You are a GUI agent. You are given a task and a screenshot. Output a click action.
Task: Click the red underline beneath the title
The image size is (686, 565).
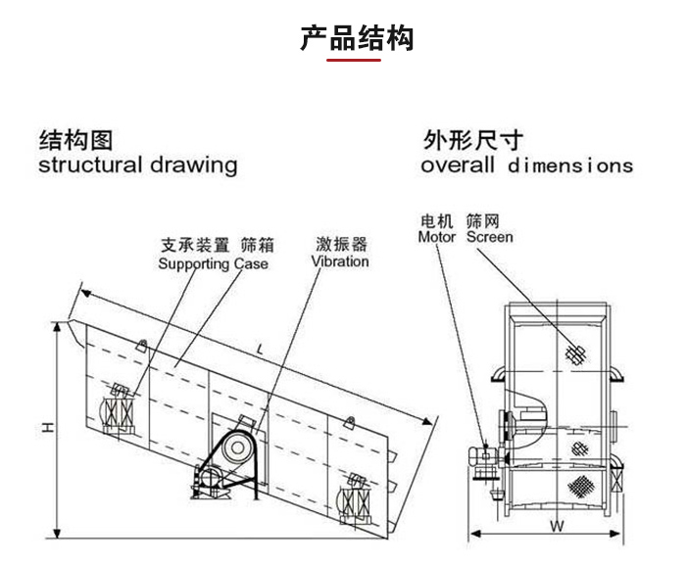pyautogui.click(x=354, y=60)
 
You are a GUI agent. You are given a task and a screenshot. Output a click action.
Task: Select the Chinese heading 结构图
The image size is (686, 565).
pyautogui.click(x=75, y=138)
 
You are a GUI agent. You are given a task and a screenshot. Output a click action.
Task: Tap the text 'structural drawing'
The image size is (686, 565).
pyautogui.click(x=137, y=165)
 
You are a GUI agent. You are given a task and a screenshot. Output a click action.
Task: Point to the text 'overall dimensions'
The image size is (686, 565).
pyautogui.click(x=526, y=165)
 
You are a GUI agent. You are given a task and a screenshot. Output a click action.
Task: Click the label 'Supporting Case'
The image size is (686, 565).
pyautogui.click(x=213, y=263)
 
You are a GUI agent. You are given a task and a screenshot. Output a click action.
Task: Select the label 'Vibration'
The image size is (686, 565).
pyautogui.click(x=340, y=261)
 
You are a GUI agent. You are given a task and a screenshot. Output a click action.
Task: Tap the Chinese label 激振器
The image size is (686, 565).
pyautogui.click(x=340, y=244)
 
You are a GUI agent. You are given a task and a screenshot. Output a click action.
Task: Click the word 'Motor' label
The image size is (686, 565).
pyautogui.click(x=437, y=237)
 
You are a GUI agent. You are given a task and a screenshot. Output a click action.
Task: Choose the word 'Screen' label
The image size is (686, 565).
pyautogui.click(x=489, y=237)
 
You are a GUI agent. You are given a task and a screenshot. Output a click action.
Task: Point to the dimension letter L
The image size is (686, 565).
pyautogui.click(x=259, y=349)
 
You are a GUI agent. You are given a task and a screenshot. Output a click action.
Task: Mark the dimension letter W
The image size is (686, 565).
pyautogui.click(x=556, y=525)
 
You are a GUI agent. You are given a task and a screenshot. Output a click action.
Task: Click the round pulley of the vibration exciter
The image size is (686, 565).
pyautogui.click(x=235, y=449)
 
